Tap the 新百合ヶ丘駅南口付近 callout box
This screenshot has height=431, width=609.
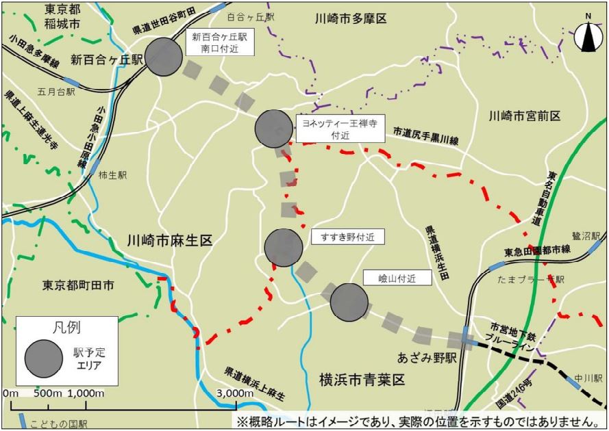click(219, 42)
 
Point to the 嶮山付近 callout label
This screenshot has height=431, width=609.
click(397, 277)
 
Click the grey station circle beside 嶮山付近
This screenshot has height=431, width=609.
click(349, 302)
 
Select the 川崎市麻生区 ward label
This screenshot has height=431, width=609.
click(171, 241)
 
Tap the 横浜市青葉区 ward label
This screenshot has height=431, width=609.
click(363, 379)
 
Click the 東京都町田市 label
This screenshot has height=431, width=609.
click(77, 285)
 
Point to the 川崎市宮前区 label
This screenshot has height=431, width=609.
click(525, 116)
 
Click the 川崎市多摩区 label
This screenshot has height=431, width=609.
click(351, 18)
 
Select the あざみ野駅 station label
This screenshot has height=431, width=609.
click(425, 358)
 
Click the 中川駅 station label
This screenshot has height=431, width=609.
click(588, 377)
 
